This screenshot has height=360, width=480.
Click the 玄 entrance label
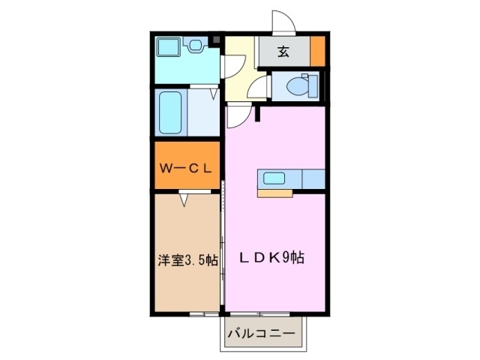click(x=283, y=52)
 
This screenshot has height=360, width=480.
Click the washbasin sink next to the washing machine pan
click(x=196, y=46)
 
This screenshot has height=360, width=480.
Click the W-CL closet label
click(x=187, y=168)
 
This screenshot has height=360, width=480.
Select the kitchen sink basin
click(x=271, y=178)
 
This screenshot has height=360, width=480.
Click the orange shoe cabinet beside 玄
click(x=318, y=52)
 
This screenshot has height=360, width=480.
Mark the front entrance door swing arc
click(x=283, y=21)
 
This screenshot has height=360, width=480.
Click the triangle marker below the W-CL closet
click(x=184, y=199)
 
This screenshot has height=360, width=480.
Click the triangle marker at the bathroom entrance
click(x=214, y=94)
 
